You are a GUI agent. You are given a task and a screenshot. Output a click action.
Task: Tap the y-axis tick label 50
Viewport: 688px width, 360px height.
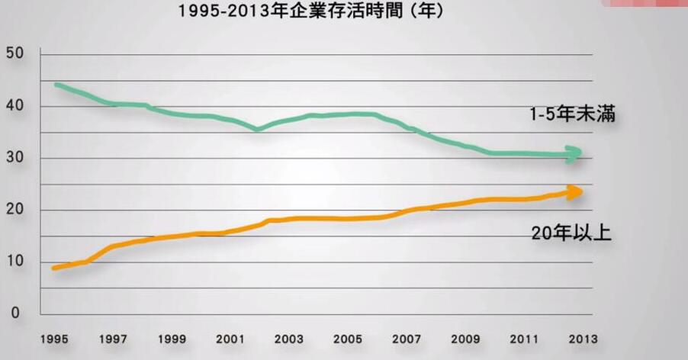point(14,53)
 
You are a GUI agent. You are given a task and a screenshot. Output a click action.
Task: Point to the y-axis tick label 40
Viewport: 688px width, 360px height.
point(14,106)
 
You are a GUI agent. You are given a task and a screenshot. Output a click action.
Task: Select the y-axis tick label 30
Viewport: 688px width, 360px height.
point(14,158)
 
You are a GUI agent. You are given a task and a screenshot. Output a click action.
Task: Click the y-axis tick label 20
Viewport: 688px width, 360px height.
point(14,211)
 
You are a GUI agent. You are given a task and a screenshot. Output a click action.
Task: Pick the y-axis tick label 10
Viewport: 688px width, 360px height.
point(14,262)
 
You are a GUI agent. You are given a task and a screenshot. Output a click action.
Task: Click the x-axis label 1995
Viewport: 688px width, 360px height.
point(53,339)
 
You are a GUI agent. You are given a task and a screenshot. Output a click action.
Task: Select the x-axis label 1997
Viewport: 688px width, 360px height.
point(112,339)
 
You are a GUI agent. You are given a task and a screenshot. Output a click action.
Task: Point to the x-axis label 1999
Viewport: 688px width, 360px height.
point(172,339)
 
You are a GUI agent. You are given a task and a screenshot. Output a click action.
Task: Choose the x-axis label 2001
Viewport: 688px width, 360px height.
point(230,339)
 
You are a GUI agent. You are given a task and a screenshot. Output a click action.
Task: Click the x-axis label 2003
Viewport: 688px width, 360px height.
point(289,339)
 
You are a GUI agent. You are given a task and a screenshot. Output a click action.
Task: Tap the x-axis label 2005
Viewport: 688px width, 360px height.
point(348,339)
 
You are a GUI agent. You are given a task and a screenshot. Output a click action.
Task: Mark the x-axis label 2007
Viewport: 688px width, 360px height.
point(407,339)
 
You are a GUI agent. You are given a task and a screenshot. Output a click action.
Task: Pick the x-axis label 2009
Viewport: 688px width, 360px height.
point(466,339)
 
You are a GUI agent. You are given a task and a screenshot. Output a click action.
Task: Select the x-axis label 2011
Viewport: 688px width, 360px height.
point(525,339)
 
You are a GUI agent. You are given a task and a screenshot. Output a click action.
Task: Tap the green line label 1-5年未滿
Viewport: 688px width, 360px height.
point(572,115)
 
